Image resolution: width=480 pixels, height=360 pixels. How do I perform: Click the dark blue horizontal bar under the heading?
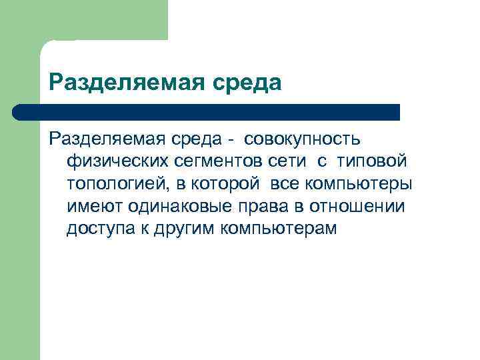coord(207,111)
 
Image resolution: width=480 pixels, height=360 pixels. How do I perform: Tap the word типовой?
coord(370,161)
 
